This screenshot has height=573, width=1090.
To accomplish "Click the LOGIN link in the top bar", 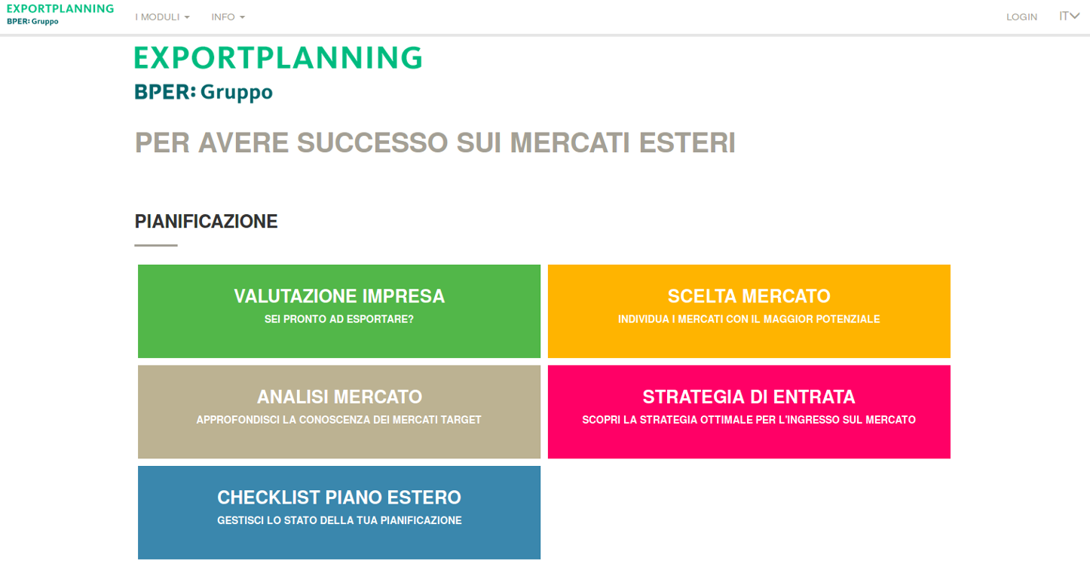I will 1021,17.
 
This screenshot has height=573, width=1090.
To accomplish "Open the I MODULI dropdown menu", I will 162,17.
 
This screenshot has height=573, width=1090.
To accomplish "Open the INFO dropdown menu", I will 228,17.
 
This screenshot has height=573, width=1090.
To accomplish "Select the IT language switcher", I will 1069,16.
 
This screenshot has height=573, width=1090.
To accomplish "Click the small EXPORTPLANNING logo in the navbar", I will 60,9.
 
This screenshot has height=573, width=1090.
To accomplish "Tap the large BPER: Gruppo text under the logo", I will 204,92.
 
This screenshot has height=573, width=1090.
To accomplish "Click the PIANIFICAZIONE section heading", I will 206,222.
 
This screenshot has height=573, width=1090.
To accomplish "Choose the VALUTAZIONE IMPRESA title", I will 339,296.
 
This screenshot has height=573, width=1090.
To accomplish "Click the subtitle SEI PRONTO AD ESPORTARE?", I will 339,319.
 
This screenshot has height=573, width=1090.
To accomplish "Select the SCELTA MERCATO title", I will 749,296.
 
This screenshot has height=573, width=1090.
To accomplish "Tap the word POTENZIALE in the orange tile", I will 850,319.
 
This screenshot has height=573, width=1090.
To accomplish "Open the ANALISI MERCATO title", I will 339,397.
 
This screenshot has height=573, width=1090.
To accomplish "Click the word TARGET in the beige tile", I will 461,420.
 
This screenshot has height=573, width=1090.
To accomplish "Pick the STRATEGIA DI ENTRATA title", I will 749,397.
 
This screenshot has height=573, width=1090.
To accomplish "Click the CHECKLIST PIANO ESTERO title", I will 339,498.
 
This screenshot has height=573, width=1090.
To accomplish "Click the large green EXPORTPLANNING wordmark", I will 278,58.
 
